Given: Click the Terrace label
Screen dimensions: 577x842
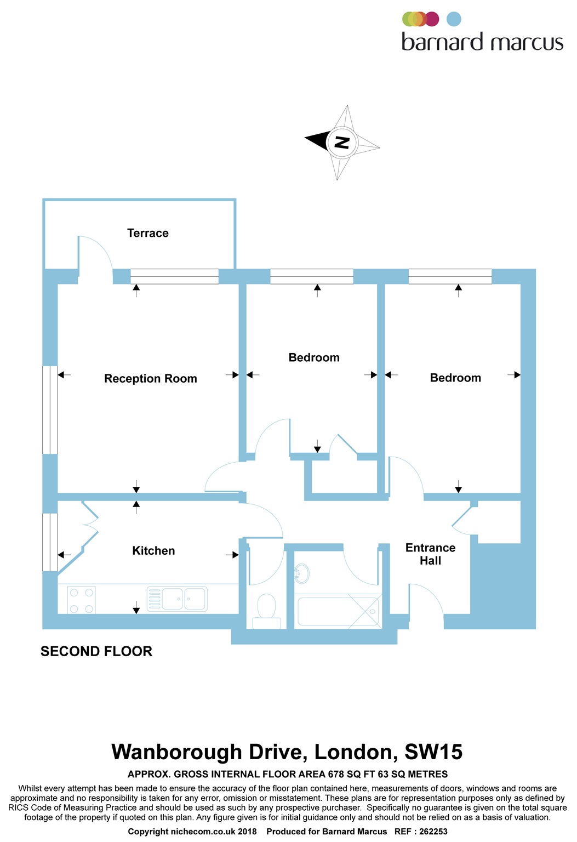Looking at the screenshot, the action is pyautogui.click(x=147, y=233).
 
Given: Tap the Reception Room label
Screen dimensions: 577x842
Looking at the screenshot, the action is pyautogui.click(x=151, y=378).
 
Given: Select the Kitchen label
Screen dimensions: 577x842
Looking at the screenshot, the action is pyautogui.click(x=153, y=551).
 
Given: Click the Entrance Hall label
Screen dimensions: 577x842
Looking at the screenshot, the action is pyautogui.click(x=431, y=554).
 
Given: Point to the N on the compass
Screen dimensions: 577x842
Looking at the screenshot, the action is pyautogui.click(x=342, y=143).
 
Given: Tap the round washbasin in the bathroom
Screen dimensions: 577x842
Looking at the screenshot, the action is pyautogui.click(x=301, y=573).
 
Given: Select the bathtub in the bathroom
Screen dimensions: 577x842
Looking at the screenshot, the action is pyautogui.click(x=338, y=611).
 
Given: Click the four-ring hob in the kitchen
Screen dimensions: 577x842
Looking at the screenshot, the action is pyautogui.click(x=82, y=600).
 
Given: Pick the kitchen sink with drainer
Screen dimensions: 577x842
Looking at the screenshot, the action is pyautogui.click(x=177, y=599).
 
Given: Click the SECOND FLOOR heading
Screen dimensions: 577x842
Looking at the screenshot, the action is pyautogui.click(x=96, y=651).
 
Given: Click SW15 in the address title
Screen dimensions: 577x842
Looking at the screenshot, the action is pyautogui.click(x=433, y=752).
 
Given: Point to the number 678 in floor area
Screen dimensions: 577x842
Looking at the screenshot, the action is pyautogui.click(x=336, y=775).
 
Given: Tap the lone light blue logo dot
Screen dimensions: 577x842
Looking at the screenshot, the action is pyautogui.click(x=454, y=19).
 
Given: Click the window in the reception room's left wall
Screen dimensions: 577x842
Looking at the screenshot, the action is pyautogui.click(x=50, y=409).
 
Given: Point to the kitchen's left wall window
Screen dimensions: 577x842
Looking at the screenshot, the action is pyautogui.click(x=50, y=542).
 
